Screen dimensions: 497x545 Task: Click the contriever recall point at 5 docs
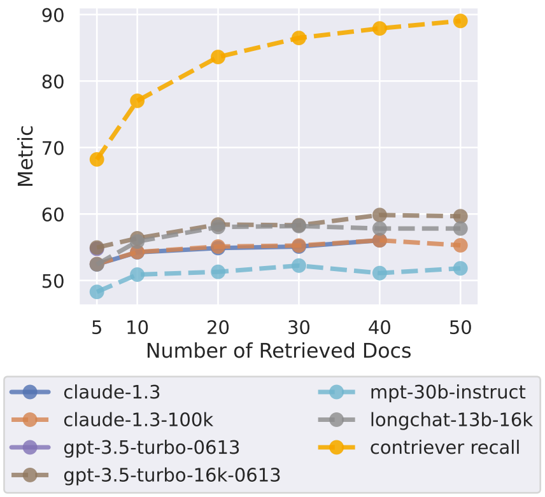point(97,159)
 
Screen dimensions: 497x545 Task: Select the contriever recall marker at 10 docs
point(137,101)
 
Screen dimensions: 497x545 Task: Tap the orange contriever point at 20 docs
point(218,57)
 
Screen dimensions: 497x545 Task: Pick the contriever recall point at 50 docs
point(460,21)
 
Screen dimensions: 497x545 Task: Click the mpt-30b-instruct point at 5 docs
point(97,291)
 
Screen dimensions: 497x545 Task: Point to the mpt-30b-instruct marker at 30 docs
point(299,265)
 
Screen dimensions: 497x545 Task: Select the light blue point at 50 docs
point(460,269)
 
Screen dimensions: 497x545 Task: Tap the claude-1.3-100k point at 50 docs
point(460,245)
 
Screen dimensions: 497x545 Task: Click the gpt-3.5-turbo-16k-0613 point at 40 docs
point(379,214)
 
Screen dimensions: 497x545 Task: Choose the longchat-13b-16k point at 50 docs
point(460,228)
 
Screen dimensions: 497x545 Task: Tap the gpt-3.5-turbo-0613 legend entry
point(152,447)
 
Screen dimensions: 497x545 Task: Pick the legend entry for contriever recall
point(445,447)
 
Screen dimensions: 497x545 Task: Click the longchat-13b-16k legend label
point(450,419)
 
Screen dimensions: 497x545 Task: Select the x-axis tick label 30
point(299,329)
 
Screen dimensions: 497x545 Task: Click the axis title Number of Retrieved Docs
point(278,351)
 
